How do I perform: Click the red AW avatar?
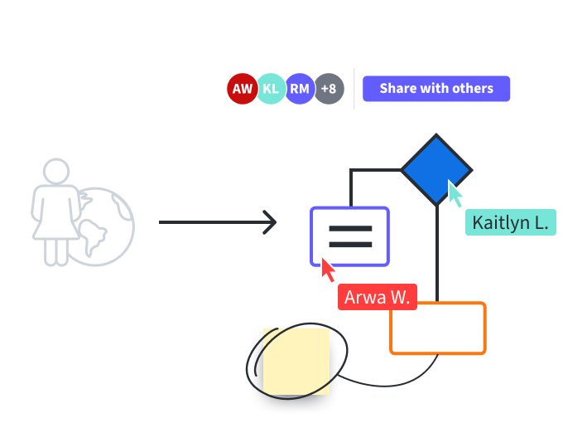pyautogui.click(x=243, y=89)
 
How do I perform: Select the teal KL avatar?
pyautogui.click(x=271, y=89)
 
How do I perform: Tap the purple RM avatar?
pyautogui.click(x=300, y=89)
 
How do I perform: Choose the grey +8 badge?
pyautogui.click(x=329, y=89)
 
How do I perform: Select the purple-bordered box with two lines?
pyautogui.click(x=350, y=236)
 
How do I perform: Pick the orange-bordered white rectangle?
pyautogui.click(x=438, y=328)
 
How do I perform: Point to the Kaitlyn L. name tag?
pyautogui.click(x=509, y=222)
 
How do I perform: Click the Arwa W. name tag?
pyautogui.click(x=377, y=297)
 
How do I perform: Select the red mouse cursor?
pyautogui.click(x=329, y=270)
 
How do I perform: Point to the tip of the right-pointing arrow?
pyautogui.click(x=275, y=222)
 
